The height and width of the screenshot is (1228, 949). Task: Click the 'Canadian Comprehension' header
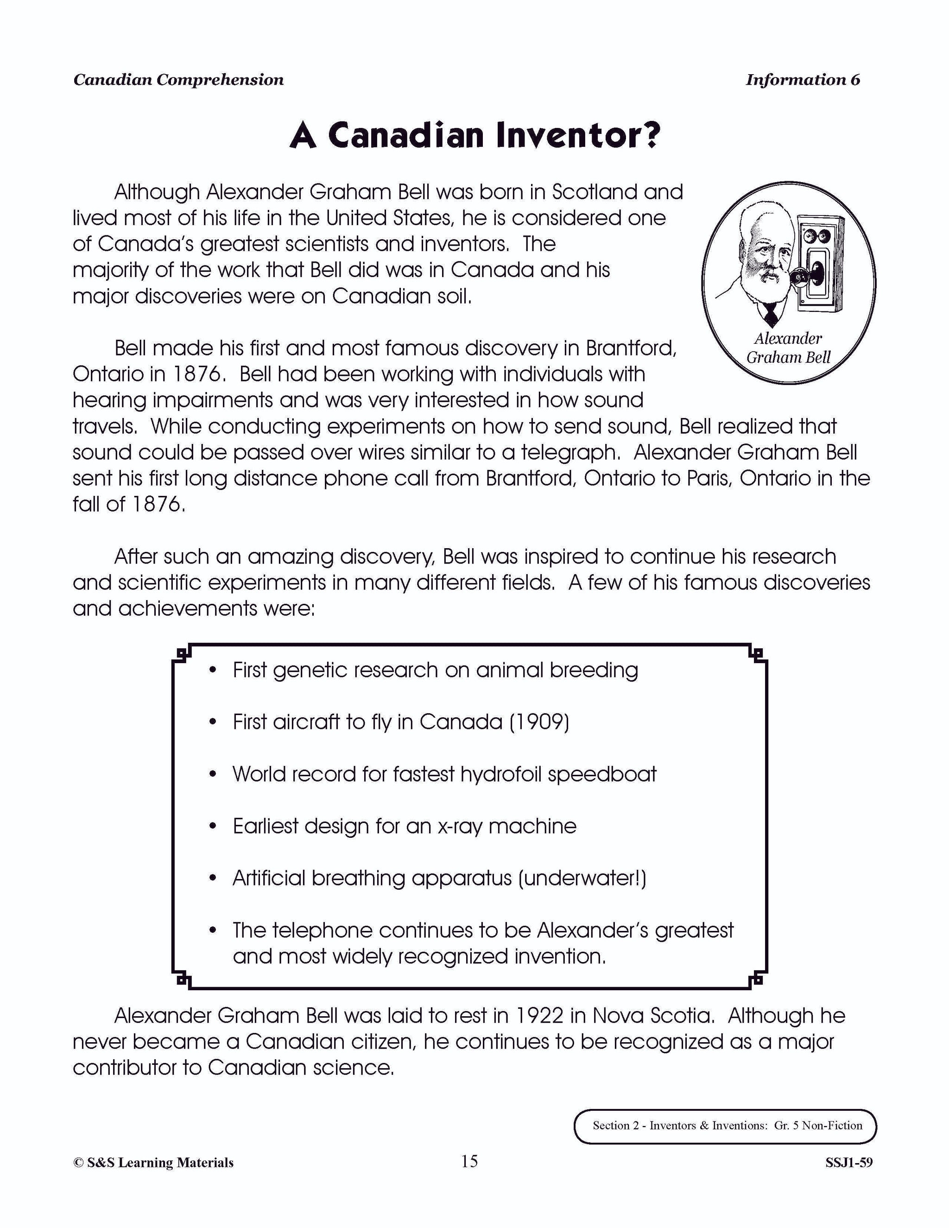tap(178, 80)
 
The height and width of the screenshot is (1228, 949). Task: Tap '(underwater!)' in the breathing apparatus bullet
tap(582, 878)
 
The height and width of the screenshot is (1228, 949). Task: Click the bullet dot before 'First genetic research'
tap(213, 670)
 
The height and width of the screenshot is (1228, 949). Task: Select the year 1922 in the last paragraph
tap(539, 1015)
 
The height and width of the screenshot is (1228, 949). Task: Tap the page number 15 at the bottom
tap(469, 1161)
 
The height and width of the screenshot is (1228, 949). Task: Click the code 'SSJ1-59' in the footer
tap(848, 1163)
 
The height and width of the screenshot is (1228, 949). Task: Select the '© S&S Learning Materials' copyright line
tap(153, 1163)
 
